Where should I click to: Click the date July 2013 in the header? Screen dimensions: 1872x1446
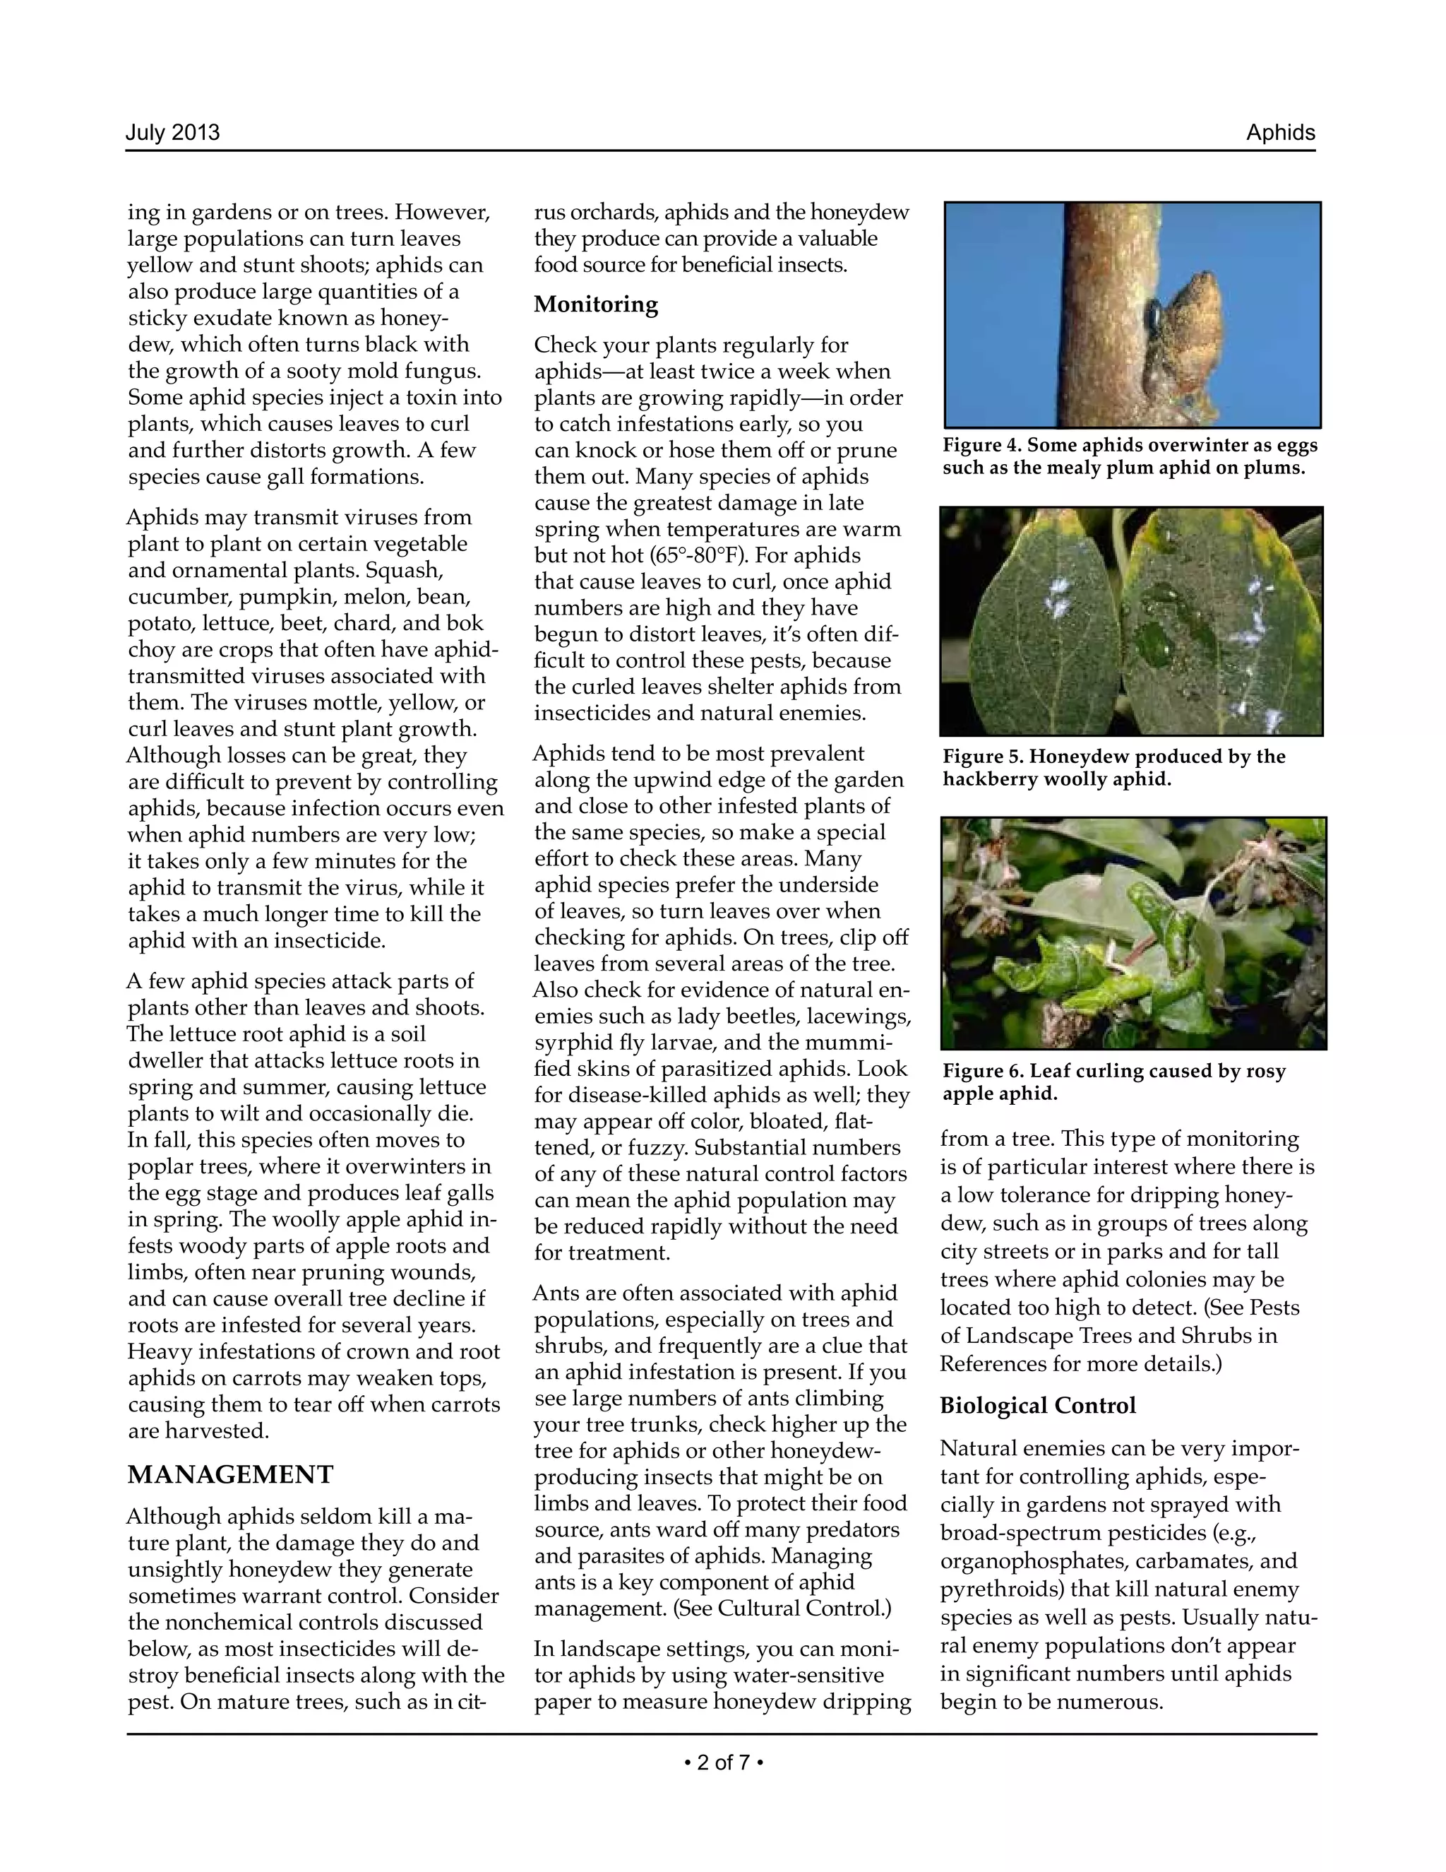(x=172, y=133)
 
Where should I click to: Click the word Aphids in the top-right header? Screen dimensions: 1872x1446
(x=1280, y=133)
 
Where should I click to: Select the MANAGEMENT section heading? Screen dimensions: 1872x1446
(x=230, y=1474)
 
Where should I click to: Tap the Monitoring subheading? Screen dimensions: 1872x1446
(x=595, y=304)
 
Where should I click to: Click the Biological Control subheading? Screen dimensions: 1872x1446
(x=1037, y=1405)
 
